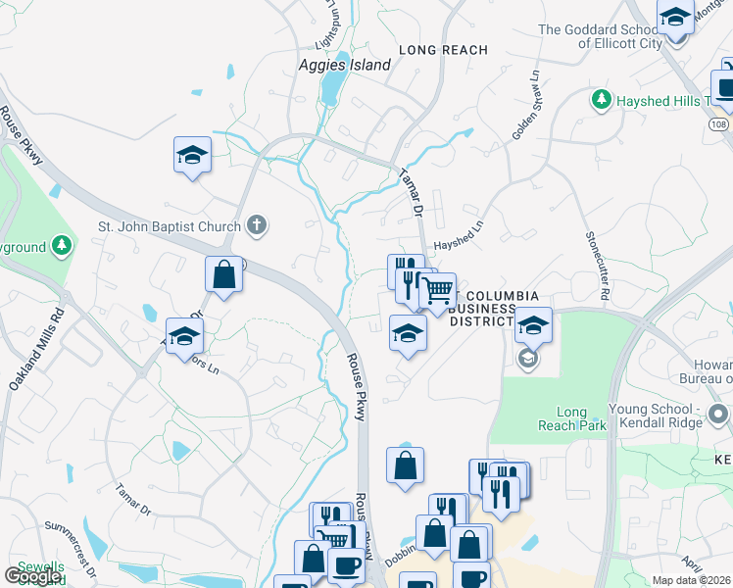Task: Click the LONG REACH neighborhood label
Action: [443, 49]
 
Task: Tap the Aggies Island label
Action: [344, 66]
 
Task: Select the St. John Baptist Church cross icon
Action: [257, 226]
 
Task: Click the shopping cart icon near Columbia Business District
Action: [437, 290]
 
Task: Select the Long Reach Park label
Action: [562, 418]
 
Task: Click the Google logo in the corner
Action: [32, 576]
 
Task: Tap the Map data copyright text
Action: [692, 580]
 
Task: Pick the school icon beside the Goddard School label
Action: [675, 19]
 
